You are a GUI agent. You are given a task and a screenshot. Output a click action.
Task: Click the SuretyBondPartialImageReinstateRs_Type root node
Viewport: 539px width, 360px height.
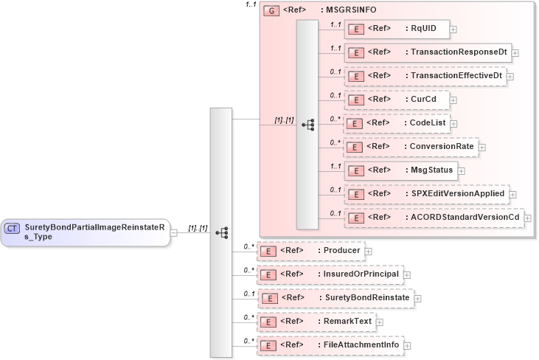click(x=85, y=232)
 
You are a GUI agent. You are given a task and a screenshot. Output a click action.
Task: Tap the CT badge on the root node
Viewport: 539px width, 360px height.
click(x=13, y=229)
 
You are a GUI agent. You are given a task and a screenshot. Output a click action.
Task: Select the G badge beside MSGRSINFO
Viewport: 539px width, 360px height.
click(x=271, y=12)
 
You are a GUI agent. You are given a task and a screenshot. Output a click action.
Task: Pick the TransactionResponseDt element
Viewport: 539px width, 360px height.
click(x=427, y=52)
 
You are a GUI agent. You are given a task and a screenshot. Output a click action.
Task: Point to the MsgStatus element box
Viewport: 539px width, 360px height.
click(x=400, y=170)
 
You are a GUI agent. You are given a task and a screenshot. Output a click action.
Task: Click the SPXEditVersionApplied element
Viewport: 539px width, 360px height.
click(x=426, y=194)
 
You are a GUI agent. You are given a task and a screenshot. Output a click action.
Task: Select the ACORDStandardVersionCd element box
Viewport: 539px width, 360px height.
click(x=433, y=218)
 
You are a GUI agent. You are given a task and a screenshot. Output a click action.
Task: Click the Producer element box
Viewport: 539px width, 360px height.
click(x=310, y=251)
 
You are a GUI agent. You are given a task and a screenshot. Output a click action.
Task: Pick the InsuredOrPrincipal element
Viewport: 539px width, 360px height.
click(x=330, y=274)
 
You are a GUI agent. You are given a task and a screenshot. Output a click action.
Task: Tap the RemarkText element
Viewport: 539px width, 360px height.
click(x=316, y=322)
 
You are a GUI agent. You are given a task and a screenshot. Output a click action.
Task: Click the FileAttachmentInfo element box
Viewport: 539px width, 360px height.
click(x=330, y=345)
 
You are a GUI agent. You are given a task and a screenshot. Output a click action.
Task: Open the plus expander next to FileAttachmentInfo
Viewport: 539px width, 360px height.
click(x=407, y=345)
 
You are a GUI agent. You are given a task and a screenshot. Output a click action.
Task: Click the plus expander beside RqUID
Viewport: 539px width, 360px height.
click(x=453, y=30)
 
